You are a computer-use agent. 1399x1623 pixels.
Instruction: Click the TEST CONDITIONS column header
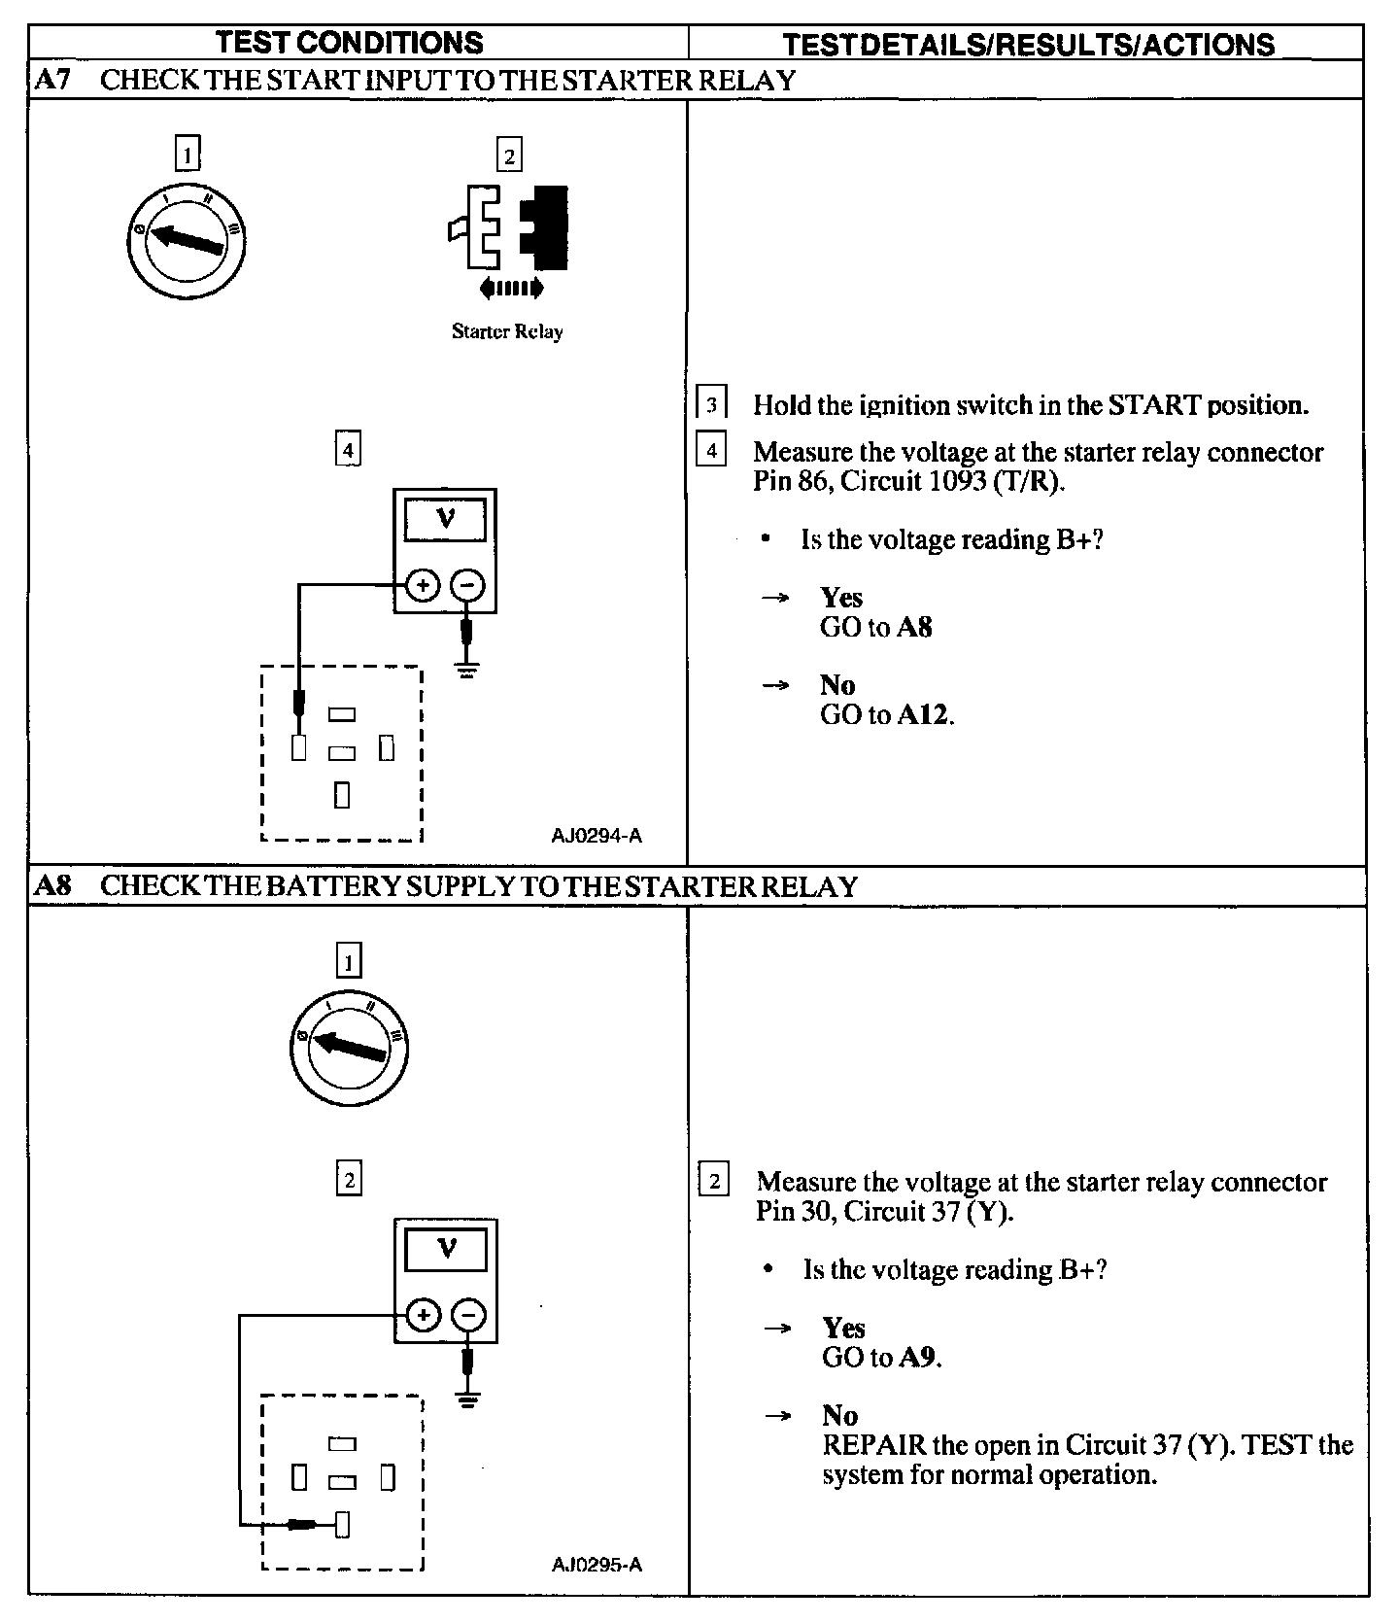pos(349,43)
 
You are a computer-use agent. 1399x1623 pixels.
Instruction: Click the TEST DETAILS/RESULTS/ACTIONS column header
pos(1028,45)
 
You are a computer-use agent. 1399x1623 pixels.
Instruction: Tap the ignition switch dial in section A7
pos(186,239)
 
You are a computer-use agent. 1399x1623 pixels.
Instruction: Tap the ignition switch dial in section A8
pos(349,1048)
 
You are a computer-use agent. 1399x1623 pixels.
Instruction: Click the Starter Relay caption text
pos(507,331)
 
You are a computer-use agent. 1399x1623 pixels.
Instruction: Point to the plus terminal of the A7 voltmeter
pos(423,586)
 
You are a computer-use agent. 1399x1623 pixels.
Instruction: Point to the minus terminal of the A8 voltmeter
pos(468,1316)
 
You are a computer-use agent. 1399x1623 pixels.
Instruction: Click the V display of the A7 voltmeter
pos(445,519)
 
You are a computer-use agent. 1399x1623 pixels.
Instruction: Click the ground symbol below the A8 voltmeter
pos(467,1399)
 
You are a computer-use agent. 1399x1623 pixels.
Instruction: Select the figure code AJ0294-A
pos(597,836)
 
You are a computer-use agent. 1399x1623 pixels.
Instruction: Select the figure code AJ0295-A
pos(597,1565)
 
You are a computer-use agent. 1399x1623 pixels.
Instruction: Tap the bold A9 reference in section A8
pos(918,1358)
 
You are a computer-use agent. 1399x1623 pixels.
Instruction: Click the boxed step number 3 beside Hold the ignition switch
pos(712,404)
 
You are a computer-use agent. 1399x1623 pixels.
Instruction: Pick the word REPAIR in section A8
pos(873,1445)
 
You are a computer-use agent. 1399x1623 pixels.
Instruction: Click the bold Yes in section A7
pos(840,597)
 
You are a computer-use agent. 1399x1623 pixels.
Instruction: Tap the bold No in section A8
pos(839,1415)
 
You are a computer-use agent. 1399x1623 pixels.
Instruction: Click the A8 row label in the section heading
pos(53,886)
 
